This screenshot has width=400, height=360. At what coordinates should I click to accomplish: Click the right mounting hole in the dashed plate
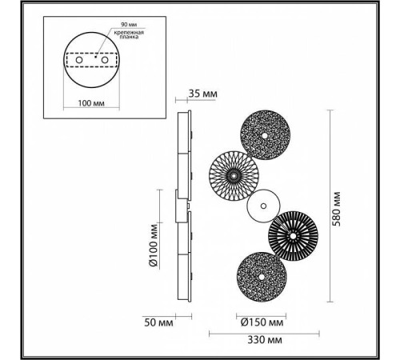click(x=104, y=60)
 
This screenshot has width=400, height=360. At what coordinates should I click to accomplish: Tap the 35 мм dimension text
click(x=201, y=93)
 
